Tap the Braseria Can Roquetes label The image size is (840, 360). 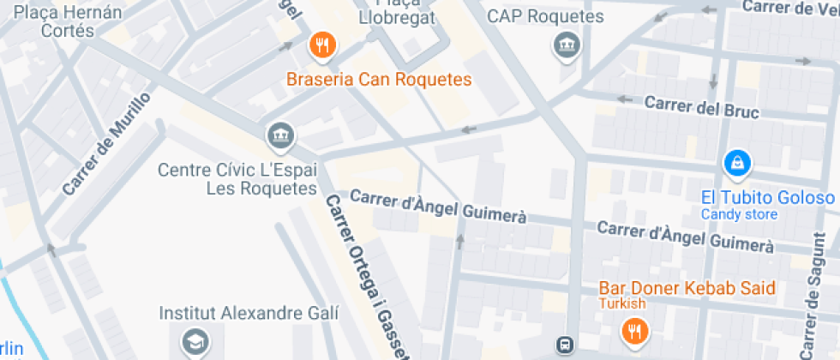(380, 81)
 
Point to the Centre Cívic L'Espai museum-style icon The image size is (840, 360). (280, 135)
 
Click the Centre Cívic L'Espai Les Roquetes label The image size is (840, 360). (237, 178)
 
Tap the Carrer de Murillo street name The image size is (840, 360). (106, 143)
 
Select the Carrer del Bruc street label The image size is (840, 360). (693, 105)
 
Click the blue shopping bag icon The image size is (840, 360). (736, 160)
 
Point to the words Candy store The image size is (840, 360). (739, 214)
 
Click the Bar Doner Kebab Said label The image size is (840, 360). (687, 288)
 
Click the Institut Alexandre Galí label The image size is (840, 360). (249, 313)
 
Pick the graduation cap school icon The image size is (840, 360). (195, 342)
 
